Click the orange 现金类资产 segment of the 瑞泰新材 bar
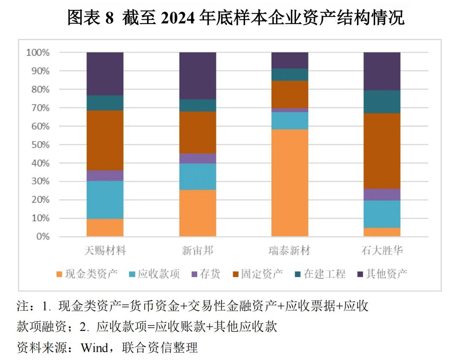290,183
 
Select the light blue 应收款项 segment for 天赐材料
105,200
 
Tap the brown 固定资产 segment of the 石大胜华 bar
382,151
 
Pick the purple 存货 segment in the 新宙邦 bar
197,158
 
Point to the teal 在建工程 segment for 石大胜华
382,102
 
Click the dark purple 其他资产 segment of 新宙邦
197,76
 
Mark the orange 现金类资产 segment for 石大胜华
382,232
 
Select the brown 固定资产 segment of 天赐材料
105,140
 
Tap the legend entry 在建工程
319,274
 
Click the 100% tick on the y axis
38,53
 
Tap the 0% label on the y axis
42,237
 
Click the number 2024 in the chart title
178,18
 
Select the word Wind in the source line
94,348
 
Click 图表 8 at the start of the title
90,18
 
